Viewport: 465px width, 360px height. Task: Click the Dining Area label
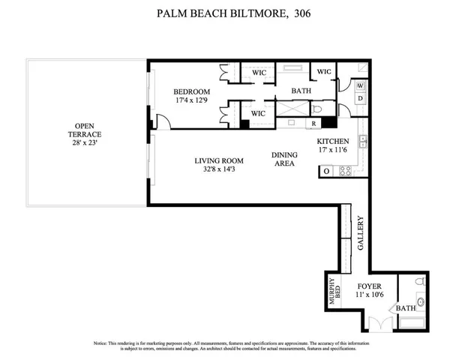coord(284,159)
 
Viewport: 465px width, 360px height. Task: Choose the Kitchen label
coord(332,142)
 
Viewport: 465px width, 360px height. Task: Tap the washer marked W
coord(360,85)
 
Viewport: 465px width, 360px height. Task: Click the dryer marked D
coord(360,98)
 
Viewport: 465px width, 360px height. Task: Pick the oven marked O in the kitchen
coord(326,171)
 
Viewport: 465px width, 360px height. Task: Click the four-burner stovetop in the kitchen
coord(346,171)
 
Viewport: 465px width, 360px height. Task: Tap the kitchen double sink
coord(363,142)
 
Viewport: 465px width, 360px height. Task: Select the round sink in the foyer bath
coord(421,303)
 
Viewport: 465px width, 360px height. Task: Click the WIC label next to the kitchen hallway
coord(324,72)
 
